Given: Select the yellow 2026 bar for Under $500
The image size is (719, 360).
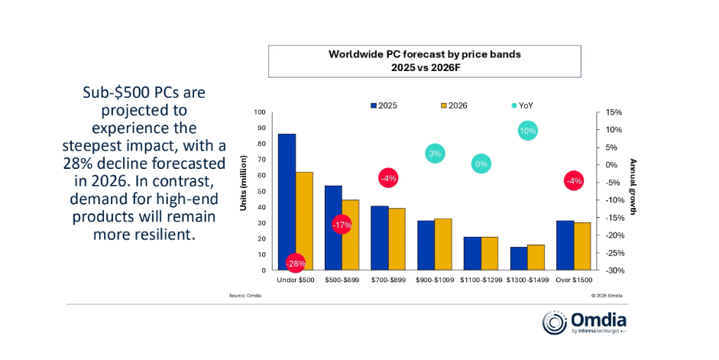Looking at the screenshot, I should click(x=304, y=218).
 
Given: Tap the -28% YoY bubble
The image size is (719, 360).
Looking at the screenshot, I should click(x=296, y=264).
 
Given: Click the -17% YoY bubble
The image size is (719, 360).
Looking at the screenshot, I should click(x=341, y=225).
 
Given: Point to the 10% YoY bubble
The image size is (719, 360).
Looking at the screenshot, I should click(x=528, y=131).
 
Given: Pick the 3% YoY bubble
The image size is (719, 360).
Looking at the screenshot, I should click(x=435, y=154).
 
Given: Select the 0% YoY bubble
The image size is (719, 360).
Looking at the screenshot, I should click(x=481, y=164).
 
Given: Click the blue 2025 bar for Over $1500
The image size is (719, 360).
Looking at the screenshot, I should click(x=565, y=245).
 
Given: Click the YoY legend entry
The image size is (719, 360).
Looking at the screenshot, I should click(x=521, y=105).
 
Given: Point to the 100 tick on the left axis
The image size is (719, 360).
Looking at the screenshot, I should click(x=261, y=112).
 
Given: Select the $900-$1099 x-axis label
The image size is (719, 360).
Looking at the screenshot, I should click(x=435, y=281).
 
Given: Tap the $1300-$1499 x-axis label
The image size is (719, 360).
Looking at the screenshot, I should click(x=527, y=281).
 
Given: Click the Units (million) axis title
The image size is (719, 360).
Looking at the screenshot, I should click(x=245, y=191).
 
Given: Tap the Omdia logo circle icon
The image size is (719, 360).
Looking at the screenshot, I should click(x=554, y=323).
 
